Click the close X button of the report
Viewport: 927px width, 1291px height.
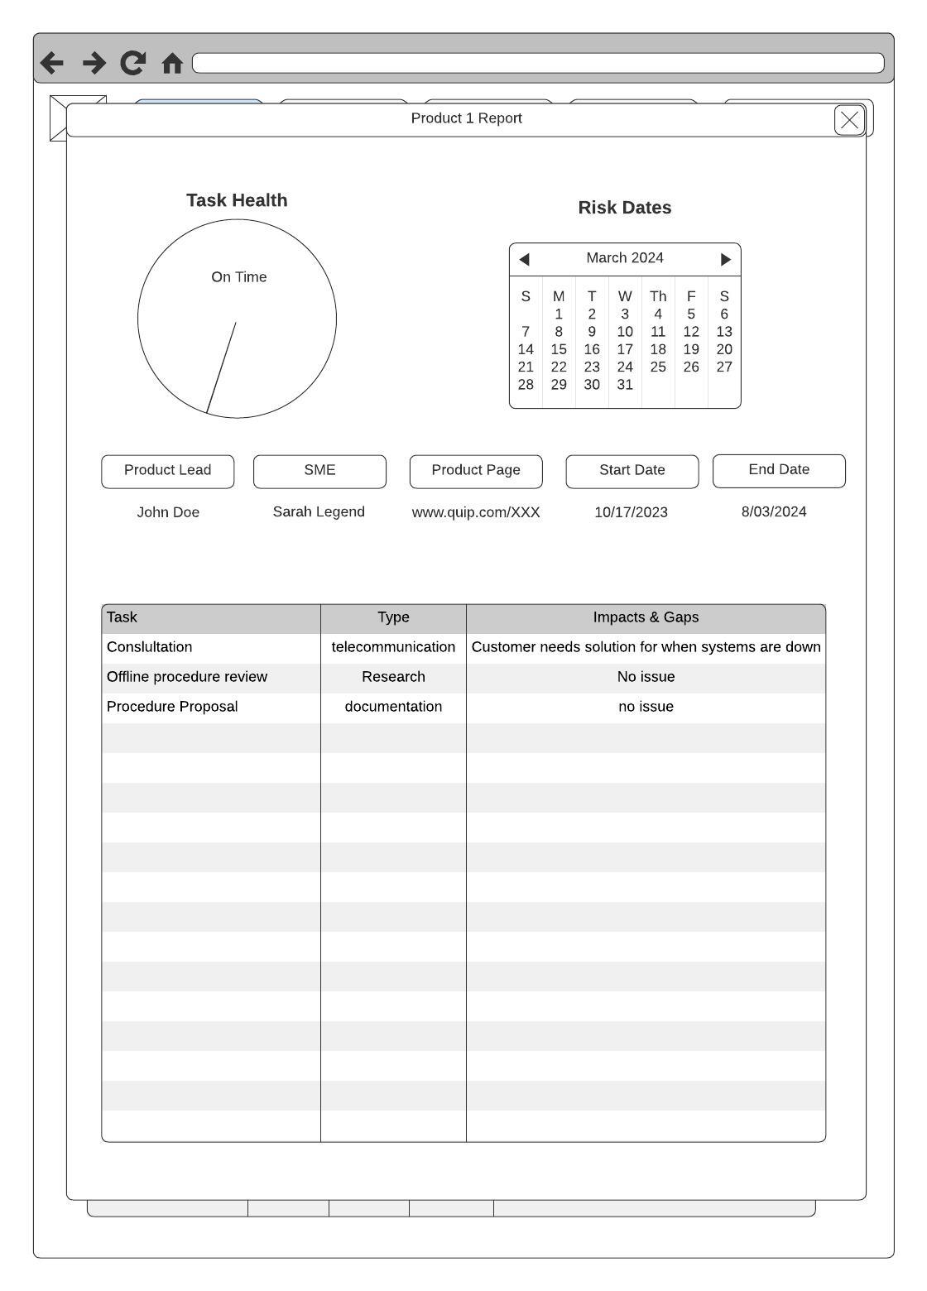[x=849, y=120]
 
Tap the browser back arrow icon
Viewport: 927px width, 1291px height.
[x=52, y=63]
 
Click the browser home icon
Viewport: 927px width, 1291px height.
[x=172, y=63]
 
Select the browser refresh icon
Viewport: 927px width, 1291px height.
[x=132, y=63]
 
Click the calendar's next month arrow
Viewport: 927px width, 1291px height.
[x=725, y=259]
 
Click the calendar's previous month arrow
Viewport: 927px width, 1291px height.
[x=524, y=259]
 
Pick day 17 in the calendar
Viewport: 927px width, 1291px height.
[x=625, y=349]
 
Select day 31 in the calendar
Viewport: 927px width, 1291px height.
[x=625, y=385]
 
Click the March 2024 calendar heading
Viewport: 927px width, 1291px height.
[x=625, y=258]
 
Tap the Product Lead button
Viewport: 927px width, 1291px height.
[x=168, y=471]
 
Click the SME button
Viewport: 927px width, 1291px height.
[x=319, y=471]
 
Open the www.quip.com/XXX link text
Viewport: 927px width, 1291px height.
[x=476, y=512]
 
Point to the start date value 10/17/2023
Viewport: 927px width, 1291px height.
[x=631, y=512]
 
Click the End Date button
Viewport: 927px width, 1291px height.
[x=779, y=470]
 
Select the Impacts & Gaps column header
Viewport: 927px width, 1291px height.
[x=646, y=617]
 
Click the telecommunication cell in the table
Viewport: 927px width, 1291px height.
[x=393, y=647]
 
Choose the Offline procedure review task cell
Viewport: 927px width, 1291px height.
[x=187, y=677]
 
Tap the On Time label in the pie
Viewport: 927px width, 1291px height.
[x=239, y=277]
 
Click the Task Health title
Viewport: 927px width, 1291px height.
[x=237, y=200]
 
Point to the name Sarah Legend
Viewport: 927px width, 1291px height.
[x=319, y=511]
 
